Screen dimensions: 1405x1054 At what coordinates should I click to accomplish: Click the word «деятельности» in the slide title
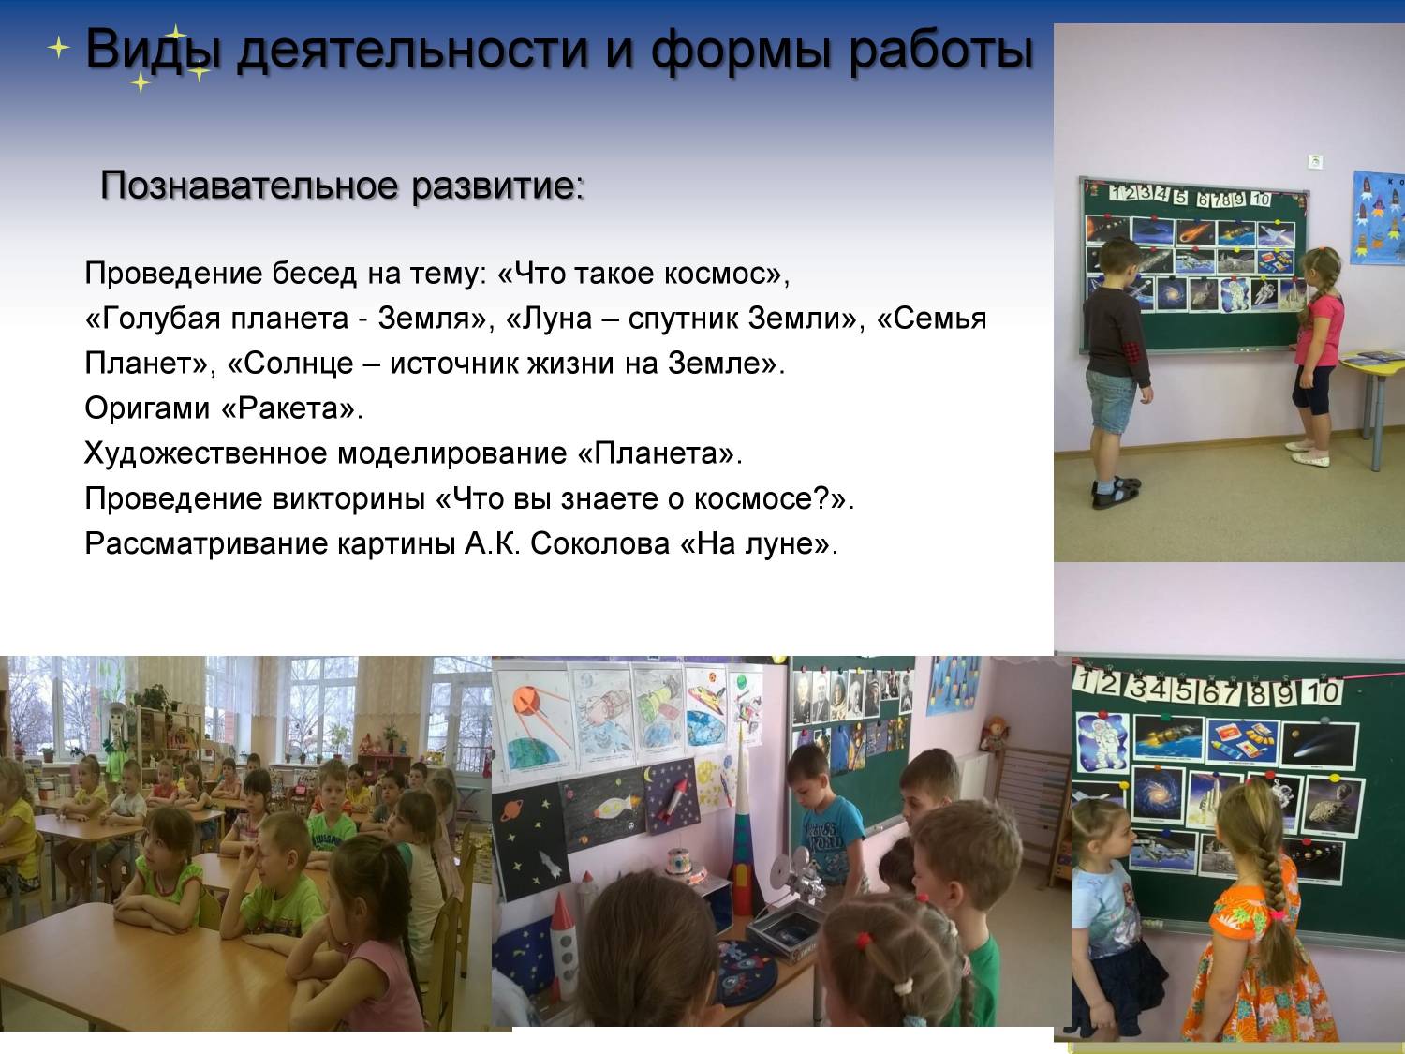pos(412,50)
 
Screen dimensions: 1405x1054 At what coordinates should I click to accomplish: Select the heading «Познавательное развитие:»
pos(343,186)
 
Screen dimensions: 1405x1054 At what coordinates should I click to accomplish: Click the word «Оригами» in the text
pos(147,408)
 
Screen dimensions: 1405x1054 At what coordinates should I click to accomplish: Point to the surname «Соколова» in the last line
pos(599,543)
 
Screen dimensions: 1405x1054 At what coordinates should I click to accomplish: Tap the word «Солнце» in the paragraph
pos(299,364)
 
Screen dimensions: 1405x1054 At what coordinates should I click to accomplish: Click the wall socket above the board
pos(1309,161)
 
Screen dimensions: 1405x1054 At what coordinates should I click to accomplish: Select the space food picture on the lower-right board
pos(1240,740)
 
